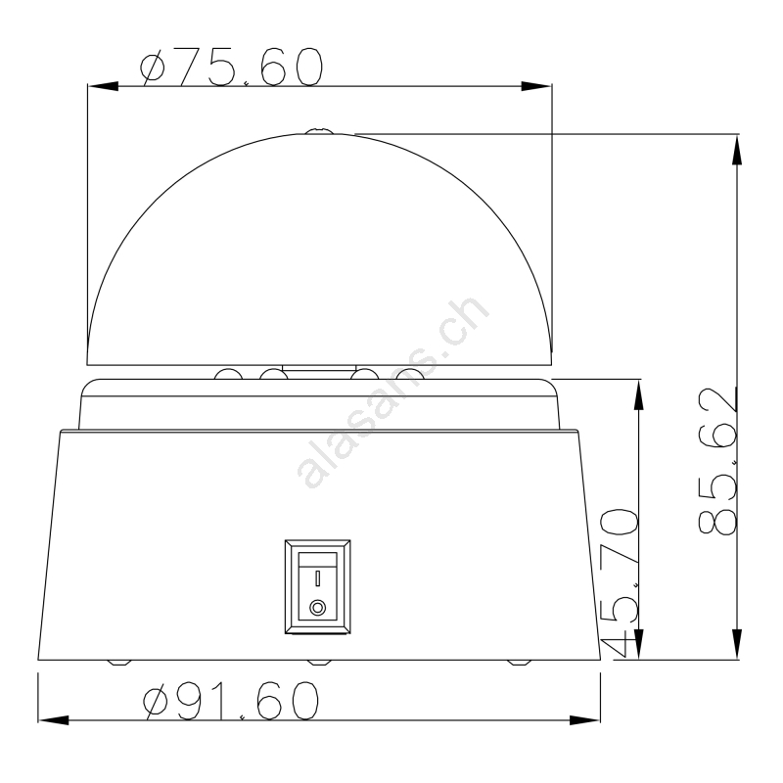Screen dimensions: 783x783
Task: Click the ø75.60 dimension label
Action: [232, 67]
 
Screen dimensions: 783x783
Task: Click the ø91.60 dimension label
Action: [231, 701]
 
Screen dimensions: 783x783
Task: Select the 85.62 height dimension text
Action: [717, 460]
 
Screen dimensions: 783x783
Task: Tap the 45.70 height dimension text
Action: [620, 582]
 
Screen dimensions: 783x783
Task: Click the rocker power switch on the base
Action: [317, 586]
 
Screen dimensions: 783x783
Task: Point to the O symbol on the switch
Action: [317, 608]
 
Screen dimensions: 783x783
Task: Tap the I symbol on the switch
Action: [317, 578]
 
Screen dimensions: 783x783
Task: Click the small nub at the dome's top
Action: [320, 131]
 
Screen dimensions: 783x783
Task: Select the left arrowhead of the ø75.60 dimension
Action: [104, 86]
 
